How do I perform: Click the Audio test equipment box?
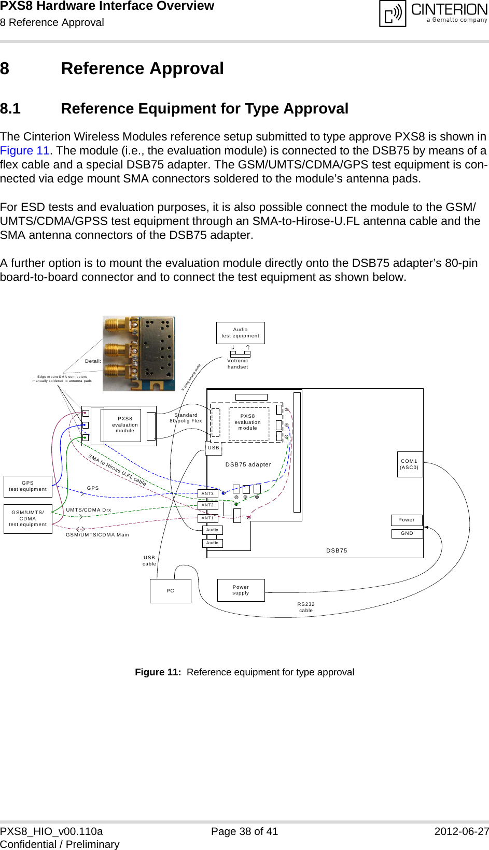point(240,333)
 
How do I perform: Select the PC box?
point(170,591)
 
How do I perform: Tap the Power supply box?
point(241,590)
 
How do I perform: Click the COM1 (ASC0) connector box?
point(409,464)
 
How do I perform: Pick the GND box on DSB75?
point(407,533)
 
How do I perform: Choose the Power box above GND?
point(407,520)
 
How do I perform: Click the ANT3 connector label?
point(207,494)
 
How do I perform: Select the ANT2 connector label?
point(207,505)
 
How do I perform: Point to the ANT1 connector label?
point(207,518)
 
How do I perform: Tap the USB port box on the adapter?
point(214,448)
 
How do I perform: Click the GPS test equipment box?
point(27,486)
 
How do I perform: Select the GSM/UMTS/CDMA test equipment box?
point(27,519)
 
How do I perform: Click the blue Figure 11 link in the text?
point(24,151)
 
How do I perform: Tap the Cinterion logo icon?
point(393,13)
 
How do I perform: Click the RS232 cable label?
point(306,607)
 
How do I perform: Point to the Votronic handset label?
point(237,364)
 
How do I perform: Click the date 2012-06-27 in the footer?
point(461,831)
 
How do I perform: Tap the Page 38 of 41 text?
point(244,831)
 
